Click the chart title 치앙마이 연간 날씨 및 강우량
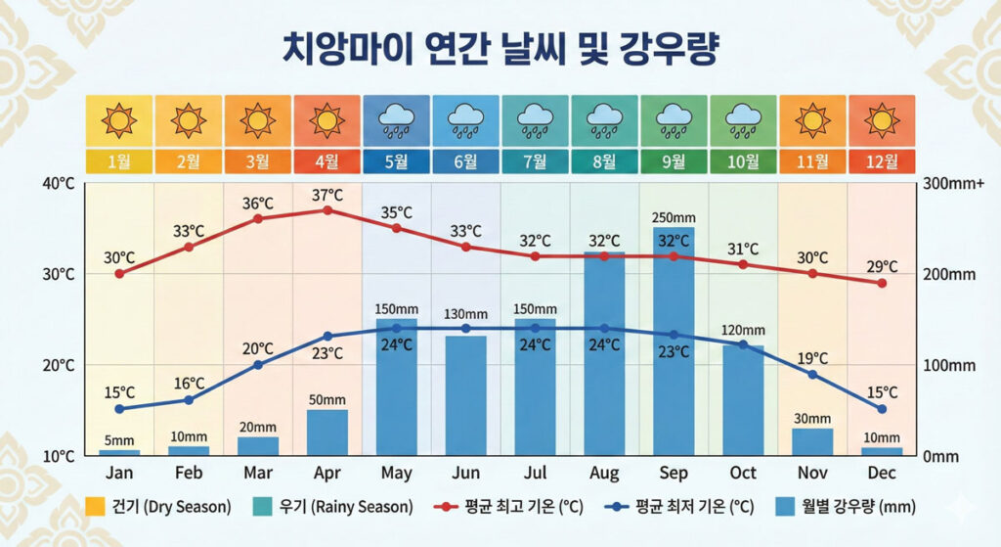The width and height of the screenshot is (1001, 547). [x=500, y=49]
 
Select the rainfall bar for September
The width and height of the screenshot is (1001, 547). [x=674, y=342]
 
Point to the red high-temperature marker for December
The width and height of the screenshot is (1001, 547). [x=882, y=283]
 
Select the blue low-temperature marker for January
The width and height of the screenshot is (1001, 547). [x=119, y=409]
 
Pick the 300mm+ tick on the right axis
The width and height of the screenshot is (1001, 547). [x=949, y=183]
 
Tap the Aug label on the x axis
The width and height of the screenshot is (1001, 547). [x=604, y=474]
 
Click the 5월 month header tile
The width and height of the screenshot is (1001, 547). [x=396, y=161]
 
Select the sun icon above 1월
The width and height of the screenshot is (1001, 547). [x=119, y=119]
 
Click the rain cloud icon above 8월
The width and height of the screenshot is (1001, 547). [x=604, y=119]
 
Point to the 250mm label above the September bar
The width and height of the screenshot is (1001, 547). [x=674, y=217]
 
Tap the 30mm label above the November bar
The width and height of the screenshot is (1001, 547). [x=812, y=419]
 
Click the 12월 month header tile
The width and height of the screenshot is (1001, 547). [x=882, y=161]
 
